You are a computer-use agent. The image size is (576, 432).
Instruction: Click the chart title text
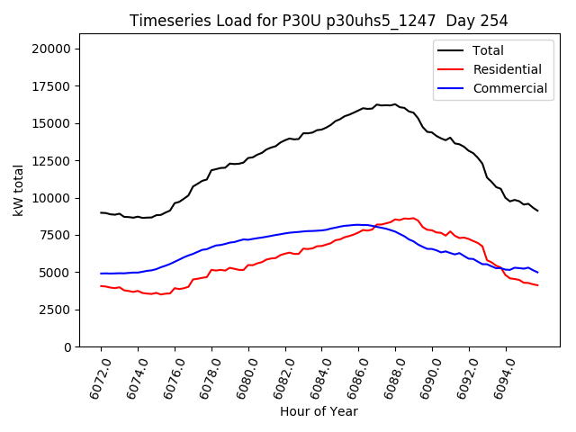point(319,21)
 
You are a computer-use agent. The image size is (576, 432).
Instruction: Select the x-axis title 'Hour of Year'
point(319,411)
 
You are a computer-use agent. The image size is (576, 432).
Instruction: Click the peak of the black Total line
point(394,104)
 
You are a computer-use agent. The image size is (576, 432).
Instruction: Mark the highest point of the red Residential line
point(413,218)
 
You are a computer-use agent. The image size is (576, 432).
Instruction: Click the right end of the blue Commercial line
point(538,272)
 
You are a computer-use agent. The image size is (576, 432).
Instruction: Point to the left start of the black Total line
point(101,212)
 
